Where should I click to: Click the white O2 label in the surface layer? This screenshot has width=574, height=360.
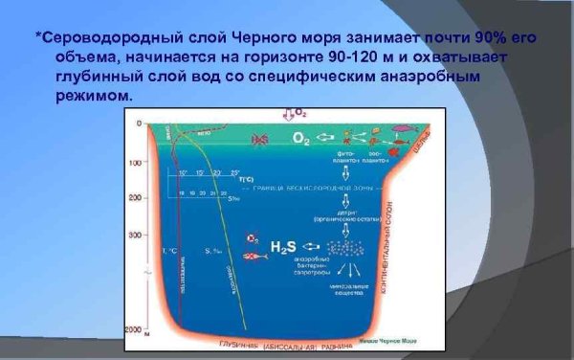click(x=299, y=138)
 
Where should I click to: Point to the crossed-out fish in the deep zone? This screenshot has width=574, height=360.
click(x=252, y=257)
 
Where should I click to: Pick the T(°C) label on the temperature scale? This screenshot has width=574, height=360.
click(x=245, y=179)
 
